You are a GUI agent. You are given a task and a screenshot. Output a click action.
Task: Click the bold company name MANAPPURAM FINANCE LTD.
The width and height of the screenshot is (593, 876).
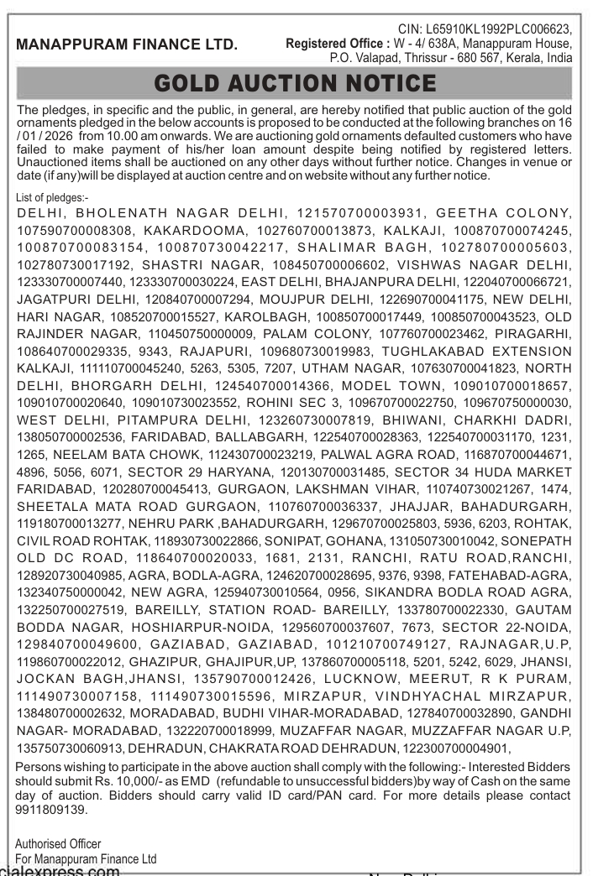pos(127,44)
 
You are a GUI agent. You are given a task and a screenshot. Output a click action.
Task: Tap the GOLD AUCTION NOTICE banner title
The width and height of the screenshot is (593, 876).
pos(295,84)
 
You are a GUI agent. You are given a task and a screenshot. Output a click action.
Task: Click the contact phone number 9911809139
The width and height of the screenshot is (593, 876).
pos(51,811)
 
